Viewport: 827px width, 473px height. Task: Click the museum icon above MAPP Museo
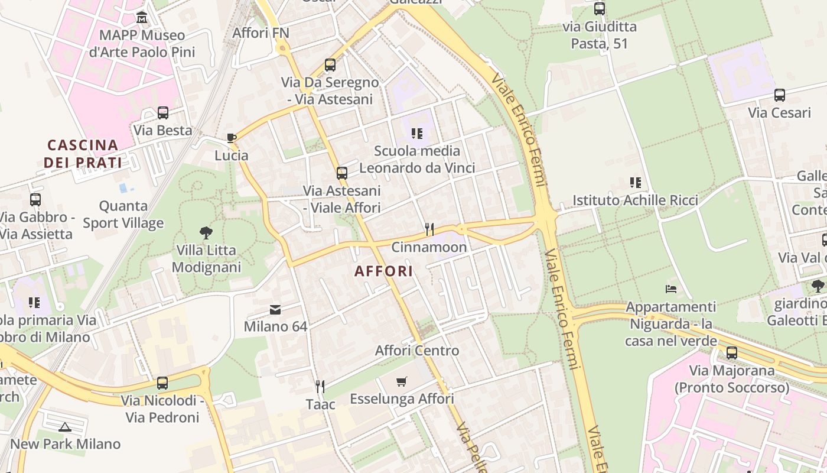pos(142,17)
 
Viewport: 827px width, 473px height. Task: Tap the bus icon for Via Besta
pos(162,112)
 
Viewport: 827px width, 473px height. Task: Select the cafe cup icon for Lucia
pos(232,138)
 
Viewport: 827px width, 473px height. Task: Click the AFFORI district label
pos(383,271)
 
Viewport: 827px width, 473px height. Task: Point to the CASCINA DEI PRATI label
pos(83,154)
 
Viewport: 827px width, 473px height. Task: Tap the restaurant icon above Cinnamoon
pos(429,229)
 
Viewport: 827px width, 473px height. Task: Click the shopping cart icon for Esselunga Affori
pos(402,381)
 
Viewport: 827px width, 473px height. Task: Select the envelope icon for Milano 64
pos(275,309)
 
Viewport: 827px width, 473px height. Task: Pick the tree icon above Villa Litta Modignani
pos(206,232)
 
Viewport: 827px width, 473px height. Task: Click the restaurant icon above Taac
pos(320,387)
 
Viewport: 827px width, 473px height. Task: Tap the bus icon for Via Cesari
pos(779,95)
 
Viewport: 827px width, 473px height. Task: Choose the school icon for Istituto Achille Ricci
pos(635,183)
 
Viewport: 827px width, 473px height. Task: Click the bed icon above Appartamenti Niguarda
pos(670,289)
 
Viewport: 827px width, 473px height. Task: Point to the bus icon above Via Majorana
pos(732,353)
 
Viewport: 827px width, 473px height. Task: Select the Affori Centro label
pos(417,351)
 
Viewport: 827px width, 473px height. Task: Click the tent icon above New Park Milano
pos(65,426)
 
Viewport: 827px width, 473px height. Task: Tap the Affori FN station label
pos(261,33)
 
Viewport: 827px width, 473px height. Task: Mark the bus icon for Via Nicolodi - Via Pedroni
pos(162,383)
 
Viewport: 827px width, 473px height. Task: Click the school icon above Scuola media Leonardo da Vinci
pos(417,134)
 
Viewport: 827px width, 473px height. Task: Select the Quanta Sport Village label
pos(123,214)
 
